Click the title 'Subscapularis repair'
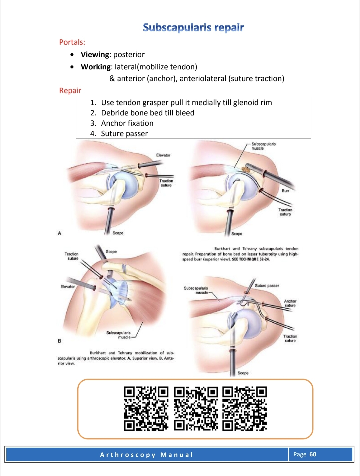tap(193, 28)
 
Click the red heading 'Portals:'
tap(72, 42)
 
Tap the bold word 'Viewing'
tap(95, 54)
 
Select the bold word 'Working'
tap(96, 67)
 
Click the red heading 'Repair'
tap(70, 90)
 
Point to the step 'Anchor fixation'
tap(127, 123)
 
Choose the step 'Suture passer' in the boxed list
tap(124, 133)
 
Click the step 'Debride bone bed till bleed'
tap(148, 113)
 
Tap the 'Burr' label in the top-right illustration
tap(285, 190)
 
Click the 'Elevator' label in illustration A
tap(163, 155)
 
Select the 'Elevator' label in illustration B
tap(68, 287)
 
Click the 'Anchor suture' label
tap(290, 303)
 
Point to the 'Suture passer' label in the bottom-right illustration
tap(267, 286)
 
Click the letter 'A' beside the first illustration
tap(59, 233)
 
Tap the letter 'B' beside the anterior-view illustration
tap(59, 341)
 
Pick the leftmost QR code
tap(146, 409)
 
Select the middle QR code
tap(196, 409)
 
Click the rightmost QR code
tap(245, 409)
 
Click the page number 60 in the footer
tap(313, 454)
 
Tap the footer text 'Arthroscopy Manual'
tap(146, 455)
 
